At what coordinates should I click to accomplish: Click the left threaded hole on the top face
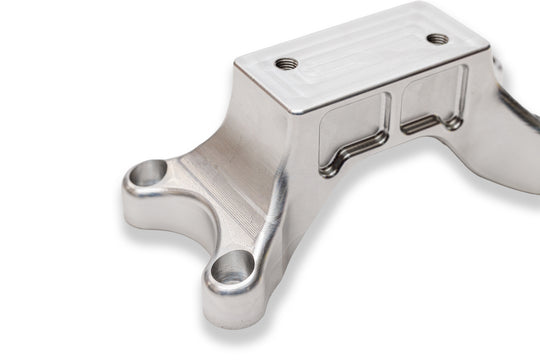[x=287, y=63]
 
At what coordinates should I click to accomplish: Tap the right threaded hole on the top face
[x=437, y=39]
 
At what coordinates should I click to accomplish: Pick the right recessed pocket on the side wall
[x=433, y=99]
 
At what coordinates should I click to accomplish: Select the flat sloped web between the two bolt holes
[x=215, y=195]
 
